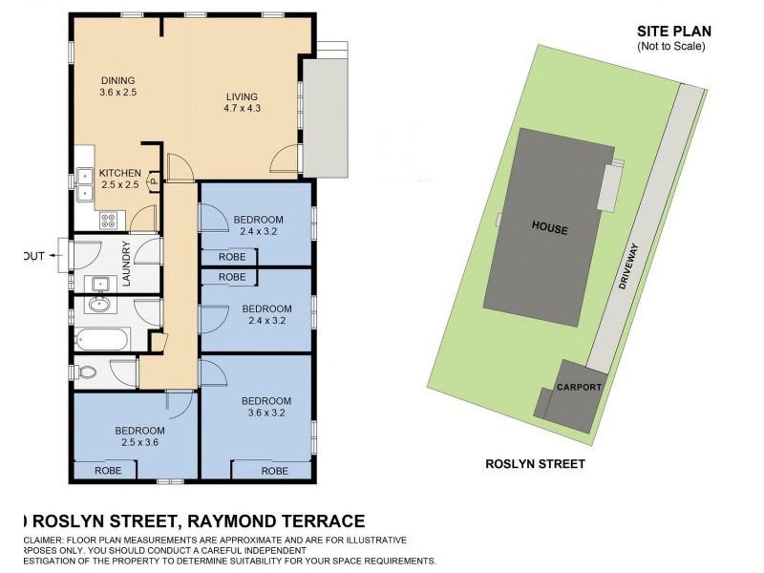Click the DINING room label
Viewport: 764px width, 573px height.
[x=119, y=80]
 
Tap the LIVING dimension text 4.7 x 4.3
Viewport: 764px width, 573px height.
[x=243, y=108]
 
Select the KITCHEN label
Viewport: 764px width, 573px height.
[x=120, y=173]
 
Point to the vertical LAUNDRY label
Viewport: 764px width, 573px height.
[x=125, y=263]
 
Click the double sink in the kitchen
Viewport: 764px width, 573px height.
[x=84, y=183]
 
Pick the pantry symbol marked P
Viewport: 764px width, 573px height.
[x=152, y=185]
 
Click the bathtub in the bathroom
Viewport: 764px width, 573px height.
[x=101, y=339]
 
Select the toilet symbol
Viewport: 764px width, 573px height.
[x=85, y=371]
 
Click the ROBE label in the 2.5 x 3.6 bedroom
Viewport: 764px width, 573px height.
[x=107, y=471]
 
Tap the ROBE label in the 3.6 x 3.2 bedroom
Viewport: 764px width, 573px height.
[x=274, y=471]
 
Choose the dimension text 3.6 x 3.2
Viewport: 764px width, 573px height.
[x=265, y=413]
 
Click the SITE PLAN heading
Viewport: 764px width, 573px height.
[x=674, y=32]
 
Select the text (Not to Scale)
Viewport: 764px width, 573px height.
[x=671, y=46]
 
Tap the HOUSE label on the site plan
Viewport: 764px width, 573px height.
[x=550, y=229]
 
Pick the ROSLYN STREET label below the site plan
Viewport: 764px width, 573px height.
[x=535, y=464]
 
